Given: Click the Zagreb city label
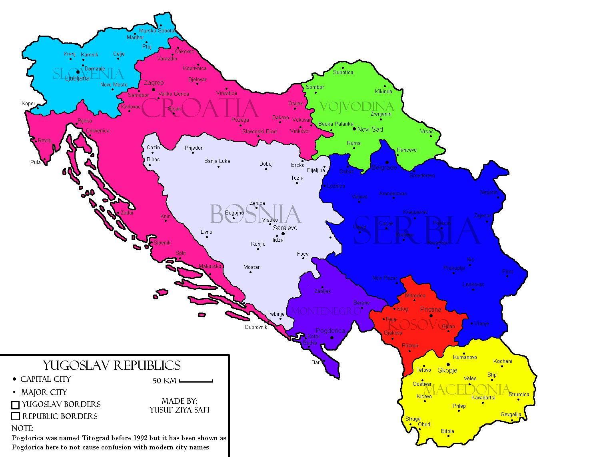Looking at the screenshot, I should pyautogui.click(x=154, y=83).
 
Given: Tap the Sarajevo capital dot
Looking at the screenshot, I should pyautogui.click(x=283, y=234).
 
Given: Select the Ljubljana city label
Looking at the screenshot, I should pyautogui.click(x=77, y=78).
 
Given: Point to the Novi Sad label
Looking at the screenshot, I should pyautogui.click(x=370, y=129).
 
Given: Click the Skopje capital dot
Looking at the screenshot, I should pyautogui.click(x=448, y=365).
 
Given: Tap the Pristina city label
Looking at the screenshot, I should pyautogui.click(x=431, y=310).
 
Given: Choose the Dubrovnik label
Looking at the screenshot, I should pyautogui.click(x=256, y=327).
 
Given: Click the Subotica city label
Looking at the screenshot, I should pyautogui.click(x=343, y=72).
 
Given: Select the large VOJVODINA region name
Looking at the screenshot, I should pyautogui.click(x=357, y=107).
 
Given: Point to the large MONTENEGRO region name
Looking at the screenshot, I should pyautogui.click(x=325, y=311).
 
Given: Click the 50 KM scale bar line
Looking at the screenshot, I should pyautogui.click(x=196, y=381).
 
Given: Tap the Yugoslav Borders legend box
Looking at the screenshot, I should pyautogui.click(x=16, y=405).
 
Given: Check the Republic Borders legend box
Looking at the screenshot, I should pyautogui.click(x=16, y=417).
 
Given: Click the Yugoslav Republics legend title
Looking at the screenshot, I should pyautogui.click(x=112, y=365).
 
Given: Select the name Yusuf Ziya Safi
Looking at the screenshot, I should pyautogui.click(x=179, y=410).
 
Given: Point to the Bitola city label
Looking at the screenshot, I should pyautogui.click(x=447, y=431).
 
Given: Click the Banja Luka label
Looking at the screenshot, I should pyautogui.click(x=217, y=161).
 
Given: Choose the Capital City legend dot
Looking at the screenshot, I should pyautogui.click(x=15, y=379).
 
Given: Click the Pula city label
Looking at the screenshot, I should pyautogui.click(x=35, y=162).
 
